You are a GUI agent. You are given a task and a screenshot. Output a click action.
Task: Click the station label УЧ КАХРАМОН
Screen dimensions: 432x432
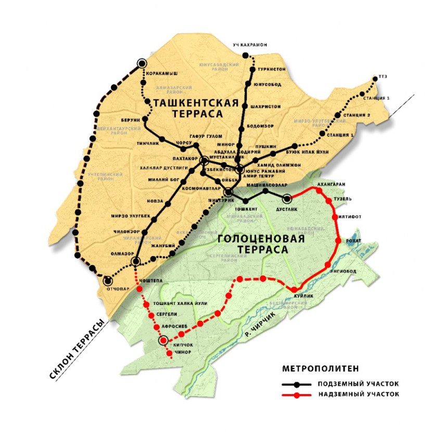(250, 45)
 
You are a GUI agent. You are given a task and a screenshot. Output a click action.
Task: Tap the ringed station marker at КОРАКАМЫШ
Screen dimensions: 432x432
(142, 63)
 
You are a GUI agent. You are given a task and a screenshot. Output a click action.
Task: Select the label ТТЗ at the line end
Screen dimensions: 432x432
(385, 77)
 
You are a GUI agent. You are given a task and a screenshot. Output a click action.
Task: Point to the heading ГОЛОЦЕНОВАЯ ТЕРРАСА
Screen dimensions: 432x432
(253, 245)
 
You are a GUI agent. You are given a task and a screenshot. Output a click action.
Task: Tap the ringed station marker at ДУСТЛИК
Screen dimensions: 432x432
(287, 198)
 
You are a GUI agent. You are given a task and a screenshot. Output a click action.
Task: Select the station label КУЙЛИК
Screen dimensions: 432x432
(304, 296)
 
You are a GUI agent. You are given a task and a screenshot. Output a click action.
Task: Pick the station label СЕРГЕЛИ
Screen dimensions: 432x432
(167, 314)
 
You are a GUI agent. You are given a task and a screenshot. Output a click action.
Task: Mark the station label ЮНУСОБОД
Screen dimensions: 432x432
(268, 84)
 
